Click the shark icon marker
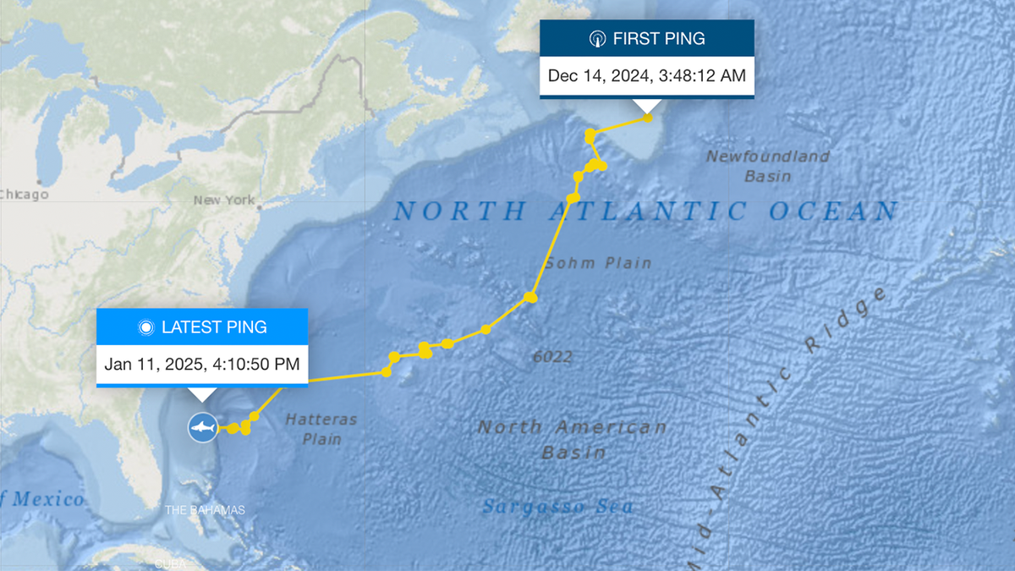202,427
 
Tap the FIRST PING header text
659,39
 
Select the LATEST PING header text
213,327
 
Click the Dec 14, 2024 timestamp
646,75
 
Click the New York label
223,200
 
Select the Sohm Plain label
598,263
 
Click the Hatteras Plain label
321,429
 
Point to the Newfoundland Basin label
768,166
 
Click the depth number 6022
552,357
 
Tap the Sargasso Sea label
557,507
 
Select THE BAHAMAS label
205,510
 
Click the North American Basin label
573,439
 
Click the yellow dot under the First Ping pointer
648,118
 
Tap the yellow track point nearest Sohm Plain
530,297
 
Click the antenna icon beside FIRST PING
597,39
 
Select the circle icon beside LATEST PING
145,327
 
